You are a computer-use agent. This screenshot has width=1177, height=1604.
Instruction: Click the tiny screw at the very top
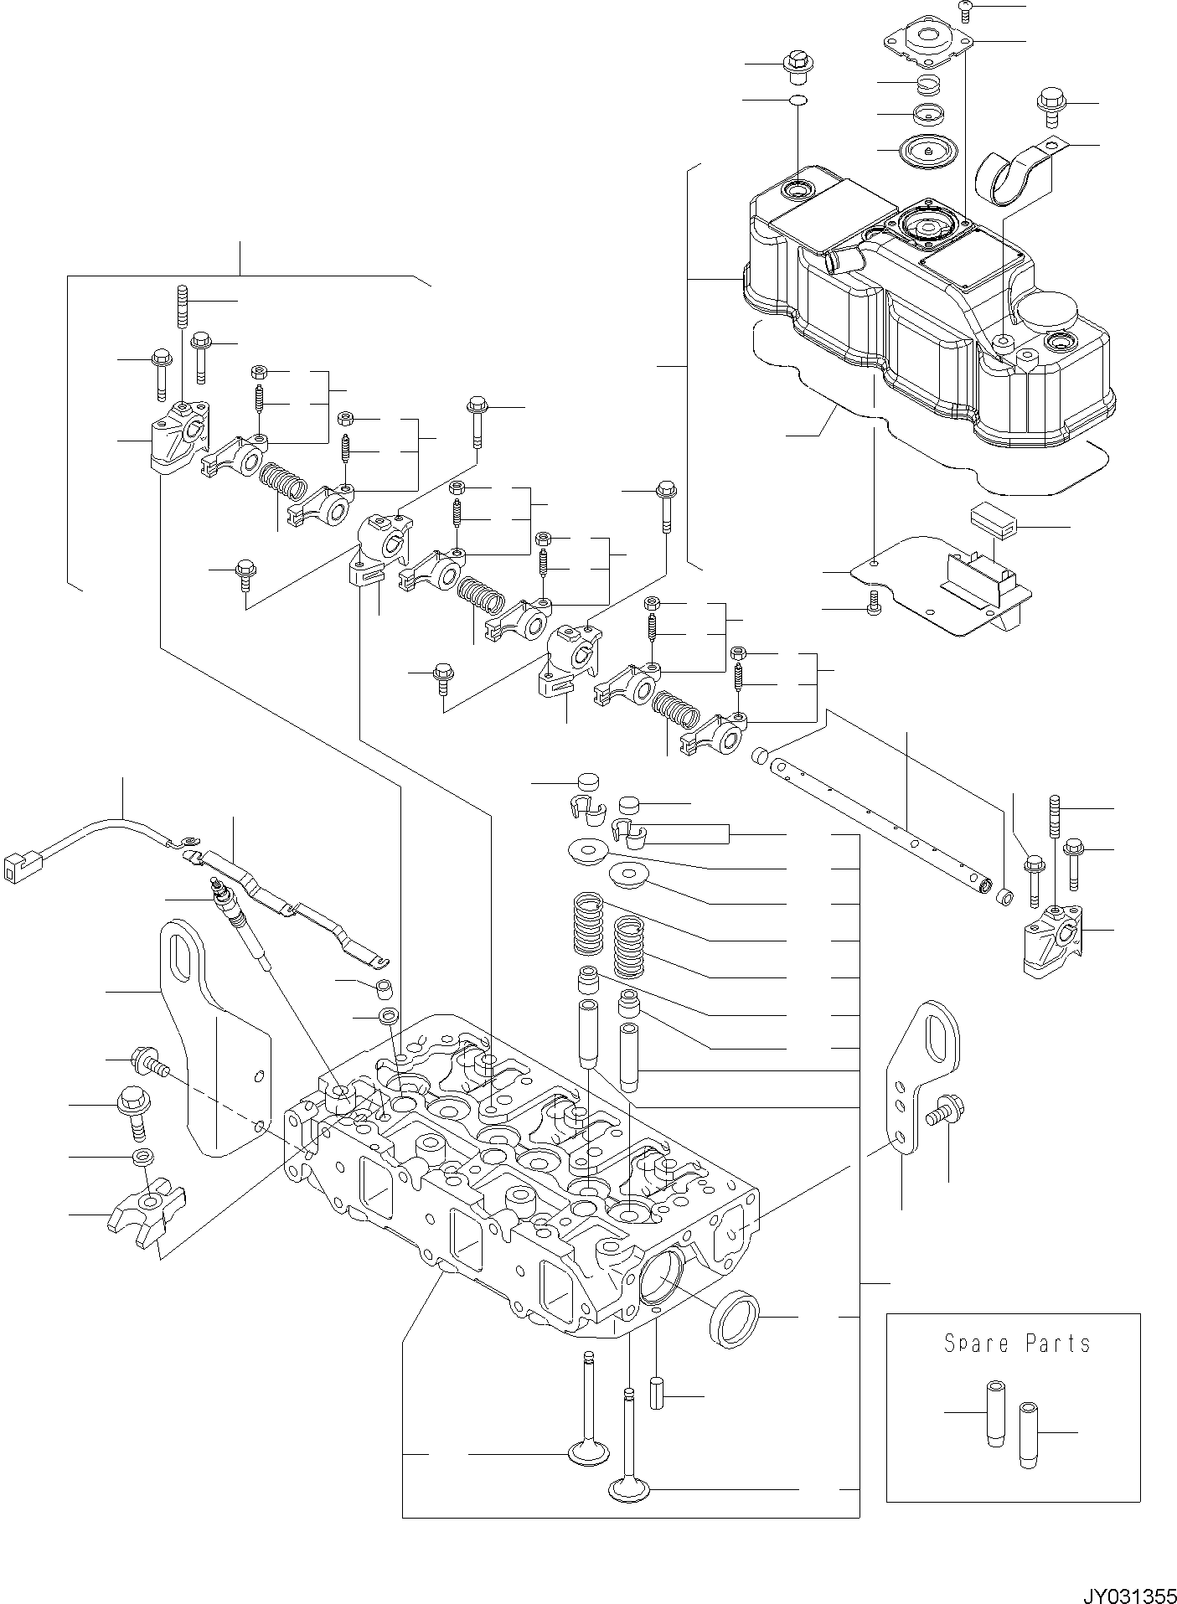(965, 8)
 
